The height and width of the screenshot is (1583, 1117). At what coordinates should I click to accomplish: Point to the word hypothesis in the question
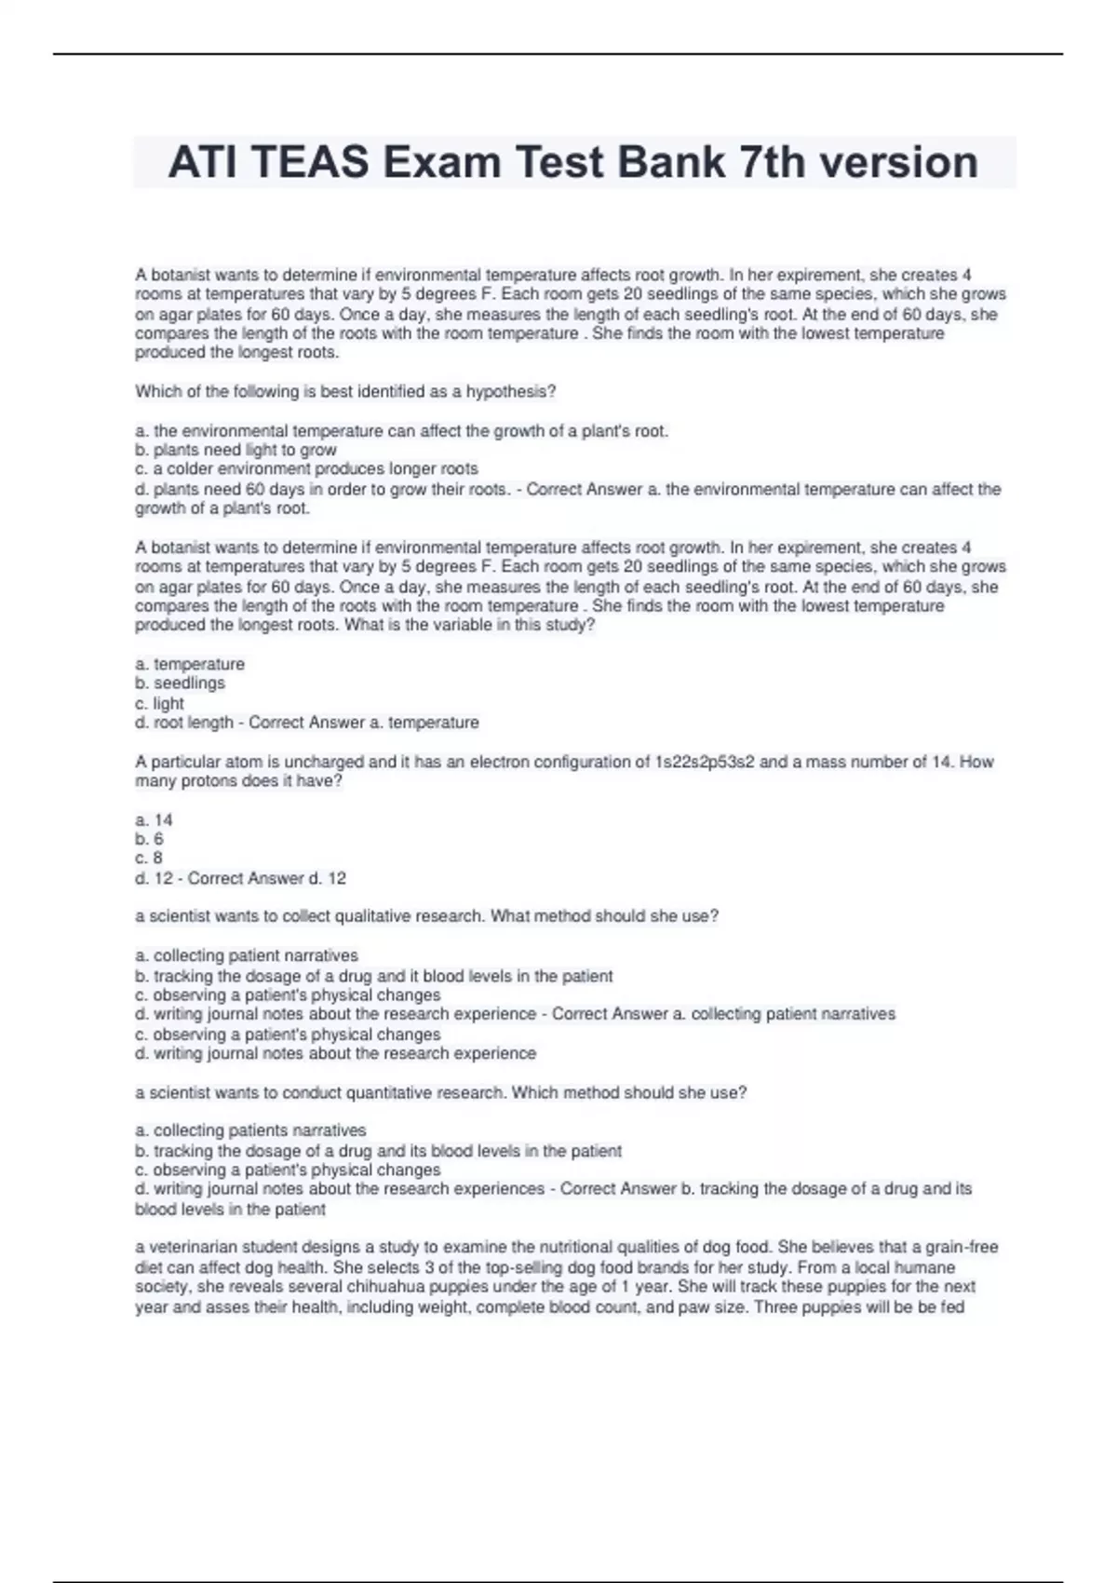(x=510, y=392)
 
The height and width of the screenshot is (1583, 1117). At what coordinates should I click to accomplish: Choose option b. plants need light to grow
(x=236, y=450)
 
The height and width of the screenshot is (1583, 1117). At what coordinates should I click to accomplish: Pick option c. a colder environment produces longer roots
(x=306, y=469)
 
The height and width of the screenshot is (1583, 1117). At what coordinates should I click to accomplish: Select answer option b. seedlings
(x=180, y=683)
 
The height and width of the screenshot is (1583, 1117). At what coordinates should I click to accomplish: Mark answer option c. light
(x=159, y=704)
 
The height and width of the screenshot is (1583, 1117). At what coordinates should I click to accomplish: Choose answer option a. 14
(x=154, y=820)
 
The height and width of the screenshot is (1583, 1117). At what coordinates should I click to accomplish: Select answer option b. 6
(x=149, y=839)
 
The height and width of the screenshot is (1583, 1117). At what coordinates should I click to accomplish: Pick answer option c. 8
(x=149, y=859)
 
